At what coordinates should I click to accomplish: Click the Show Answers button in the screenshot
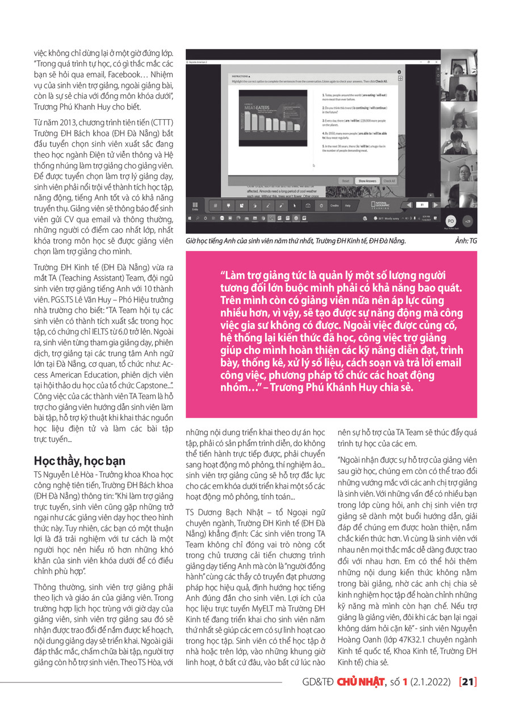(367, 181)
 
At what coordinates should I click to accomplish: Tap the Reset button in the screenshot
(345, 181)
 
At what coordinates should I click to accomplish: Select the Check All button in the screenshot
(389, 181)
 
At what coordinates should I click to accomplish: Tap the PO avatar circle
(450, 221)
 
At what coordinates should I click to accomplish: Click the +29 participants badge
(467, 221)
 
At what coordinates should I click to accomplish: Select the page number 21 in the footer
(469, 697)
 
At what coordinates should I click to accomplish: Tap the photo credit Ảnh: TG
(466, 241)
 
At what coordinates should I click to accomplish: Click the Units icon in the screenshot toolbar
(195, 206)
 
